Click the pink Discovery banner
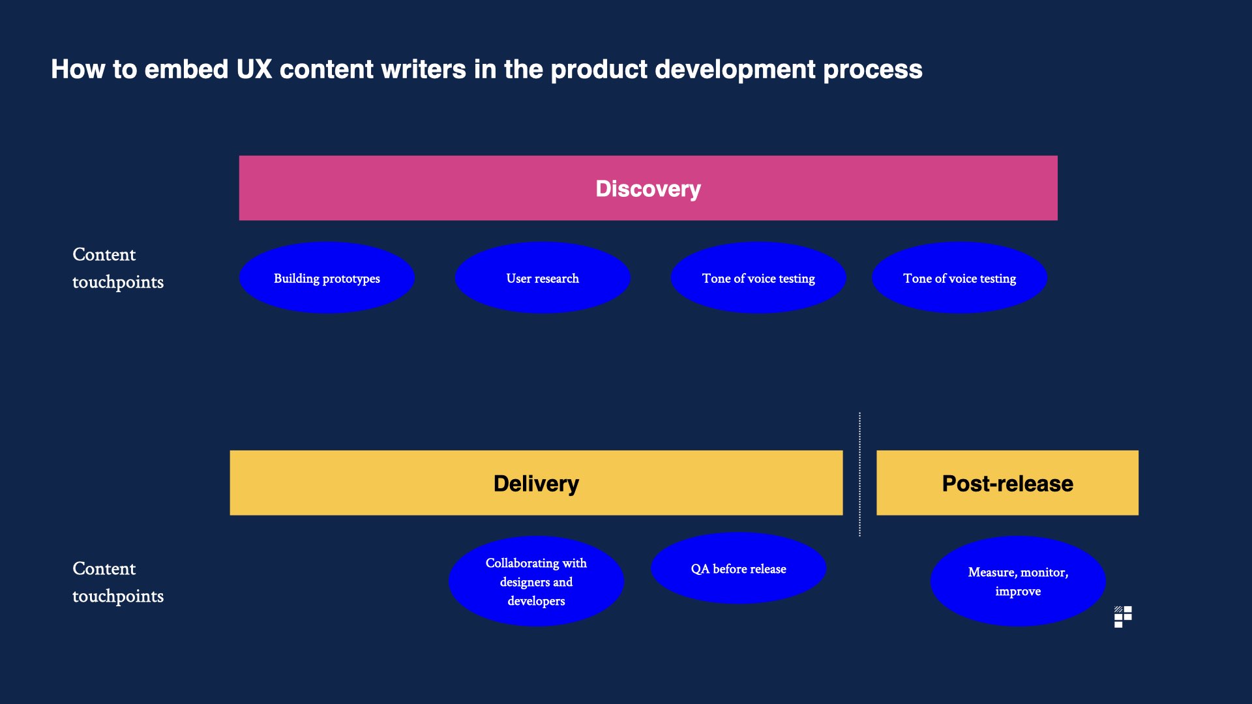(648, 188)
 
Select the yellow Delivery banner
(536, 483)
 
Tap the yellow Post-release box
(1007, 483)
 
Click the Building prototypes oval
(327, 278)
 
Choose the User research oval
(543, 278)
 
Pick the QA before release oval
(738, 569)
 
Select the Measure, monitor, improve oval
(1017, 581)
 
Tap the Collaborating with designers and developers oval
(536, 581)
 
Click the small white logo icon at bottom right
(1123, 617)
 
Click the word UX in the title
(254, 69)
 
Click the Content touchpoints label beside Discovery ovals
(117, 268)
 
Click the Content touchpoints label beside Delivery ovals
(117, 582)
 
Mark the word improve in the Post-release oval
(1017, 591)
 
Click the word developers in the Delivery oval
(536, 601)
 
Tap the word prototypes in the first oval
(351, 279)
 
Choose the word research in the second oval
(556, 278)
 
